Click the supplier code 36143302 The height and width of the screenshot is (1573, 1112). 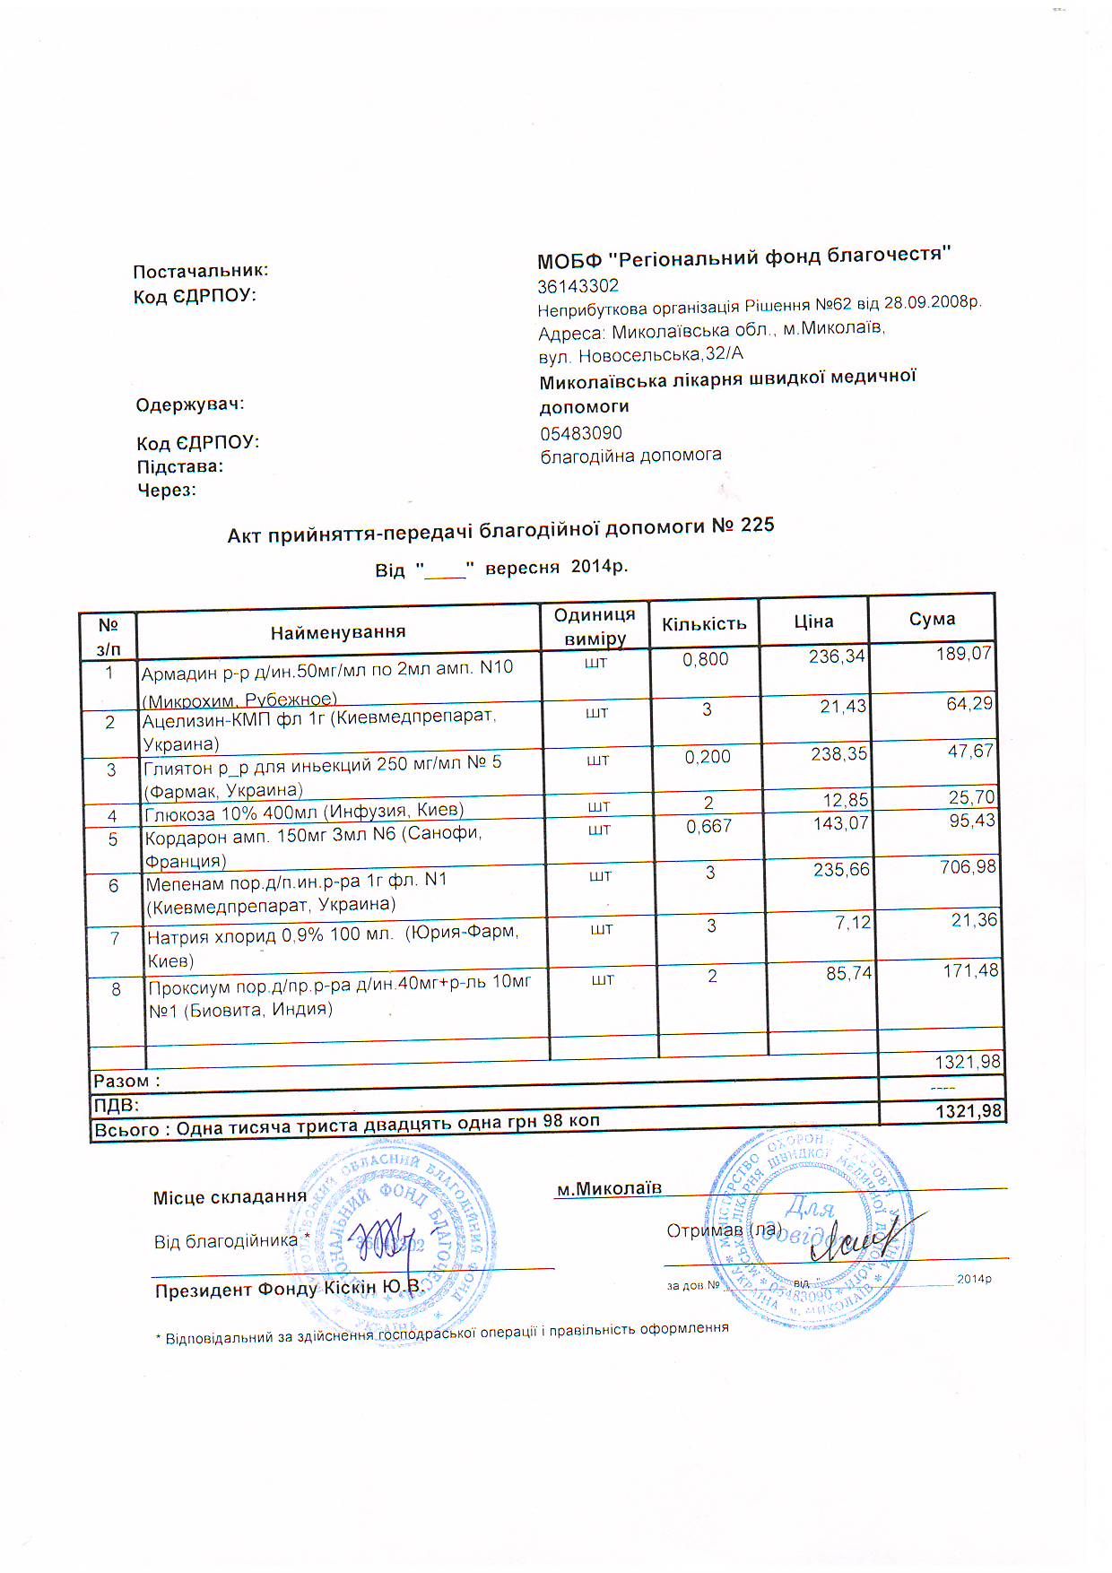pyautogui.click(x=578, y=286)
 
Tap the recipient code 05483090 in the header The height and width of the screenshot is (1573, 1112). pyautogui.click(x=580, y=433)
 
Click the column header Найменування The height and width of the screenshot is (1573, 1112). pyautogui.click(x=338, y=632)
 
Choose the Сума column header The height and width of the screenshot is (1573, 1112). pyautogui.click(x=932, y=619)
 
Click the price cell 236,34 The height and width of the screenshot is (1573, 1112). pyautogui.click(x=837, y=656)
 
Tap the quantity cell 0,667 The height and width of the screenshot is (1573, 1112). pyautogui.click(x=708, y=826)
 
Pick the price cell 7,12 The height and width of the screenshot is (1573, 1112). pyautogui.click(x=853, y=922)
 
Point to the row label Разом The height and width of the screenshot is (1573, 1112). pyautogui.click(x=126, y=1082)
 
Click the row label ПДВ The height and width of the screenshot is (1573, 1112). pyautogui.click(x=117, y=1106)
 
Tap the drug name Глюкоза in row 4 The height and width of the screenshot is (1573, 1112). pyautogui.click(x=180, y=814)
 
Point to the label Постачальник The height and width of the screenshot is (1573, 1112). pyautogui.click(x=201, y=271)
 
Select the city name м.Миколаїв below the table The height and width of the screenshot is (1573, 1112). pyautogui.click(x=609, y=1189)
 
